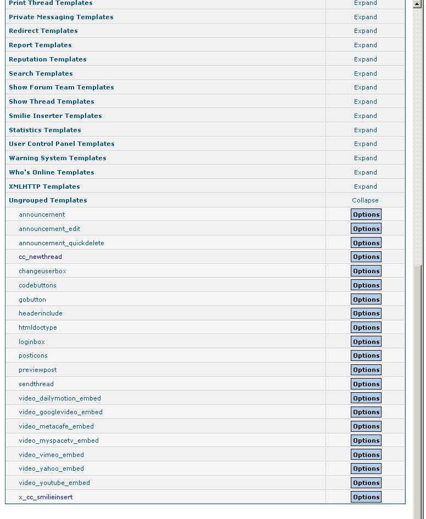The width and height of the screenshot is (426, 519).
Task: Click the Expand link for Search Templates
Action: pos(365,74)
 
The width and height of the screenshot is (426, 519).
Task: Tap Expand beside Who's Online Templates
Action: pos(365,172)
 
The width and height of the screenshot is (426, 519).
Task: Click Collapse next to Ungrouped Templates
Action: pos(365,200)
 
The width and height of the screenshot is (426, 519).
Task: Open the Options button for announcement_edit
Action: pos(366,229)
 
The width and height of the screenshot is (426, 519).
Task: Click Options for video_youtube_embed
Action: pos(366,483)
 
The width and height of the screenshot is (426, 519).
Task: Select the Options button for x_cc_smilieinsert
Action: pos(366,497)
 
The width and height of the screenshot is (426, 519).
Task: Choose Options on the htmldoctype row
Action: pos(366,328)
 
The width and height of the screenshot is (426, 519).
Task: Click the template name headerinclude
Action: pos(41,313)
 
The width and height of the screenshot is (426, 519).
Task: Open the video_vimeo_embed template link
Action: pos(51,455)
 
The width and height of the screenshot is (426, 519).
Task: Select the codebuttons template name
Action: pos(37,285)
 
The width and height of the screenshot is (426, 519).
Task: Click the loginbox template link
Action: pos(32,342)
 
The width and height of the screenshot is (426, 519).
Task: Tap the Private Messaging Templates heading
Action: pos(61,17)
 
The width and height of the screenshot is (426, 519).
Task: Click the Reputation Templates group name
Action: pos(48,59)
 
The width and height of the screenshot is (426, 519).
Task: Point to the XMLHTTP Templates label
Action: pos(44,187)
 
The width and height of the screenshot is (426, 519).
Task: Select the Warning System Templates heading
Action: pos(58,158)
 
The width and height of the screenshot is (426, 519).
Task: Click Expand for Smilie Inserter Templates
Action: pos(365,116)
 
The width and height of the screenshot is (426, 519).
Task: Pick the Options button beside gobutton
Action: pos(366,300)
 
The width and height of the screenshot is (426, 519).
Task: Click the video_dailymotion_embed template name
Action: pos(60,398)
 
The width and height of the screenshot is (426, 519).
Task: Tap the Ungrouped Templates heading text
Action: pos(48,200)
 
